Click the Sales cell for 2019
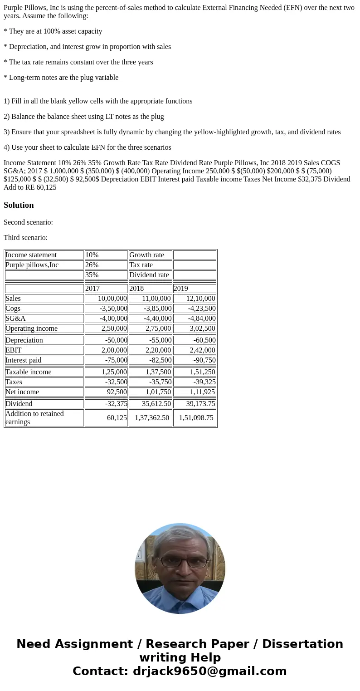(x=195, y=299)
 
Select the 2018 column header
(x=150, y=289)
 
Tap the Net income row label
(x=44, y=392)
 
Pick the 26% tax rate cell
(x=106, y=265)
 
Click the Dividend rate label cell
(x=150, y=275)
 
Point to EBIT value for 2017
(x=106, y=350)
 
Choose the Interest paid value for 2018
(x=150, y=360)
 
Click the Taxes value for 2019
(x=195, y=382)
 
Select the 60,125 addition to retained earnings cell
(x=106, y=418)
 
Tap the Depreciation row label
(x=44, y=340)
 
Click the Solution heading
(x=19, y=205)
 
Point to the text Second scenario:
(x=28, y=222)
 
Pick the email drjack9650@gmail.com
(x=209, y=671)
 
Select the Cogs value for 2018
(x=150, y=309)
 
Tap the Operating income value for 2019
(x=195, y=328)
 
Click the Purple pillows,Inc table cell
(x=44, y=265)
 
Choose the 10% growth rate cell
(x=106, y=255)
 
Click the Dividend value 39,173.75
(x=195, y=404)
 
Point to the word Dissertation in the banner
(x=302, y=644)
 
